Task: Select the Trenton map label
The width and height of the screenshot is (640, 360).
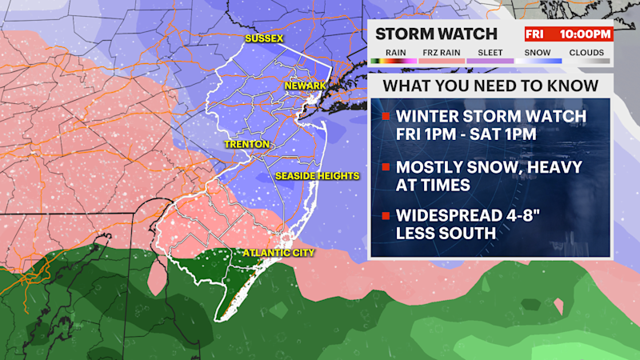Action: (246, 145)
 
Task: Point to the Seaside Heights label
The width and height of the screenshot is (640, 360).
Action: (318, 175)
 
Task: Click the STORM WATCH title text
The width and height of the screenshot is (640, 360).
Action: (436, 34)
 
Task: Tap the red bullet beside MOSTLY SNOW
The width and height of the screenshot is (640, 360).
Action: (386, 169)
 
